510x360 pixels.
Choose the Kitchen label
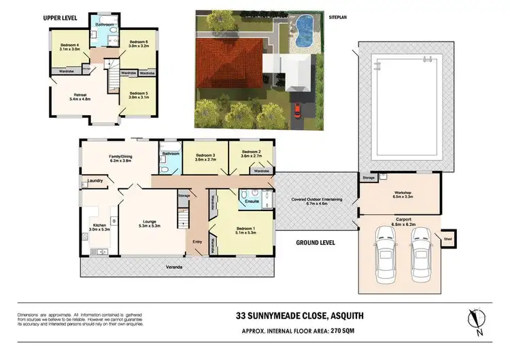(x=101, y=227)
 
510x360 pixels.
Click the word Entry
(x=197, y=241)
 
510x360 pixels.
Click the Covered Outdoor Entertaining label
(x=317, y=200)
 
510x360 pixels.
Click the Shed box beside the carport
(x=449, y=239)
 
